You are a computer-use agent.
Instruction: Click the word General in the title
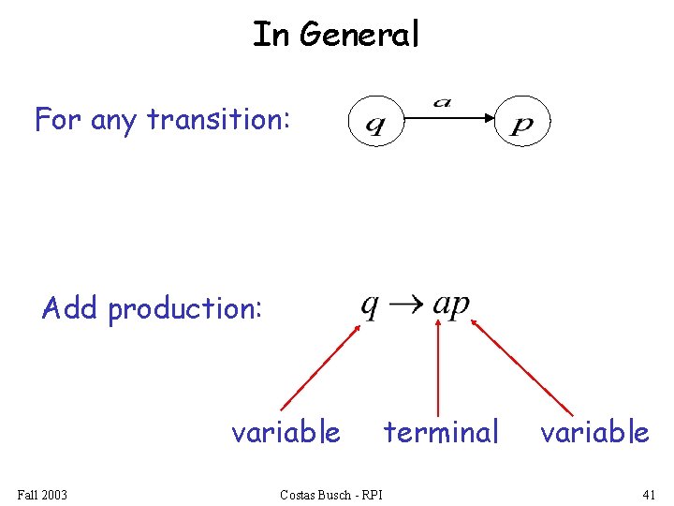click(x=359, y=35)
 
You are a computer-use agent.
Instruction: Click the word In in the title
click(x=271, y=35)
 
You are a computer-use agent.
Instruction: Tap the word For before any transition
click(x=59, y=120)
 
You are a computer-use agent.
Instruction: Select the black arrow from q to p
click(x=449, y=119)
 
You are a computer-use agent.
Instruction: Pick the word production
click(x=184, y=308)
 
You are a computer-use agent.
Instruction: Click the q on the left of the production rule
click(x=371, y=306)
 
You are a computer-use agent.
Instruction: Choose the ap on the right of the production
click(x=452, y=306)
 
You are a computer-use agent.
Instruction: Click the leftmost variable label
click(x=286, y=432)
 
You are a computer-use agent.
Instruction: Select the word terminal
click(x=441, y=432)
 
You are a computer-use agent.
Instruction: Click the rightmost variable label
click(x=594, y=432)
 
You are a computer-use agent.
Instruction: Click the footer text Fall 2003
click(x=42, y=494)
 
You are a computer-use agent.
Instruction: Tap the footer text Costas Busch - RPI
click(x=330, y=494)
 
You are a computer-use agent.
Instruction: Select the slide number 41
click(x=650, y=494)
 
